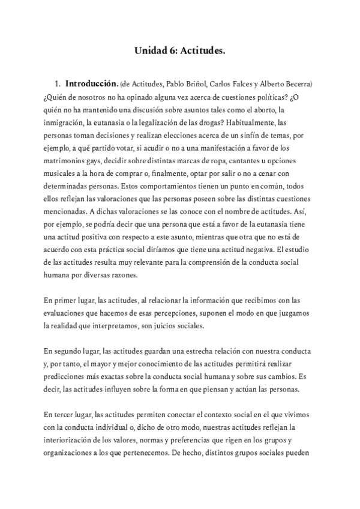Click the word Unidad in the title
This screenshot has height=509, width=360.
pyautogui.click(x=148, y=52)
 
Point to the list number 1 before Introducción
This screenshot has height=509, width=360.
pyautogui.click(x=58, y=83)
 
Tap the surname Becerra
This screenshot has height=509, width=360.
pyautogui.click(x=298, y=83)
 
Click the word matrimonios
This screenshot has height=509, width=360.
pyautogui.click(x=65, y=162)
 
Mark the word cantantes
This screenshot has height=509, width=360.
pyautogui.click(x=244, y=162)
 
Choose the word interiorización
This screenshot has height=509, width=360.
pyautogui.click(x=69, y=440)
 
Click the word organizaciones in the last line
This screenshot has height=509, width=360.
pyautogui.click(x=70, y=453)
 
